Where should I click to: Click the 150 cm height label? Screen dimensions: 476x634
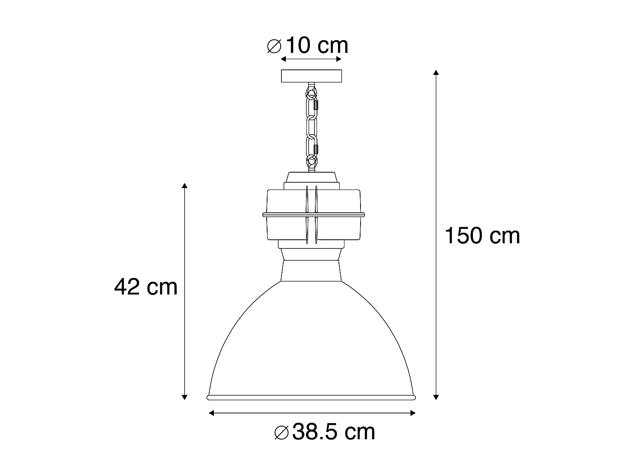pos(482,236)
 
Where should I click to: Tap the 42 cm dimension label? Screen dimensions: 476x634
pos(146,287)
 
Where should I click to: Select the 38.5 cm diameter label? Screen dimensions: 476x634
pos(325,432)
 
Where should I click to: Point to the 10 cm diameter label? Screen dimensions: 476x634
pos(308,46)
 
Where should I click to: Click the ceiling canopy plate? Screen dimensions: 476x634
pos(312,76)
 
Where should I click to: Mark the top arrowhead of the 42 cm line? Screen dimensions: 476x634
pos(184,186)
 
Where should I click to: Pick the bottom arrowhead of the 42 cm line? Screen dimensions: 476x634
pos(184,397)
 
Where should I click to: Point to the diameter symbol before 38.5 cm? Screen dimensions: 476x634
pos(281,433)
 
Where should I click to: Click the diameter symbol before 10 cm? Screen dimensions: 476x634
pos(274,46)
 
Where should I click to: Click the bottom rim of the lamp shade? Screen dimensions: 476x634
pos(312,397)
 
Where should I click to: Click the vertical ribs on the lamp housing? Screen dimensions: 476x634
pos(312,215)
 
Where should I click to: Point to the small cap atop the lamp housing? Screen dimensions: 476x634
pos(312,177)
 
